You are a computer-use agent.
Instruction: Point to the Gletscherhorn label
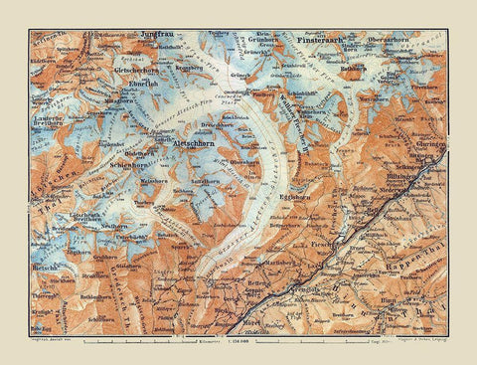(136, 72)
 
